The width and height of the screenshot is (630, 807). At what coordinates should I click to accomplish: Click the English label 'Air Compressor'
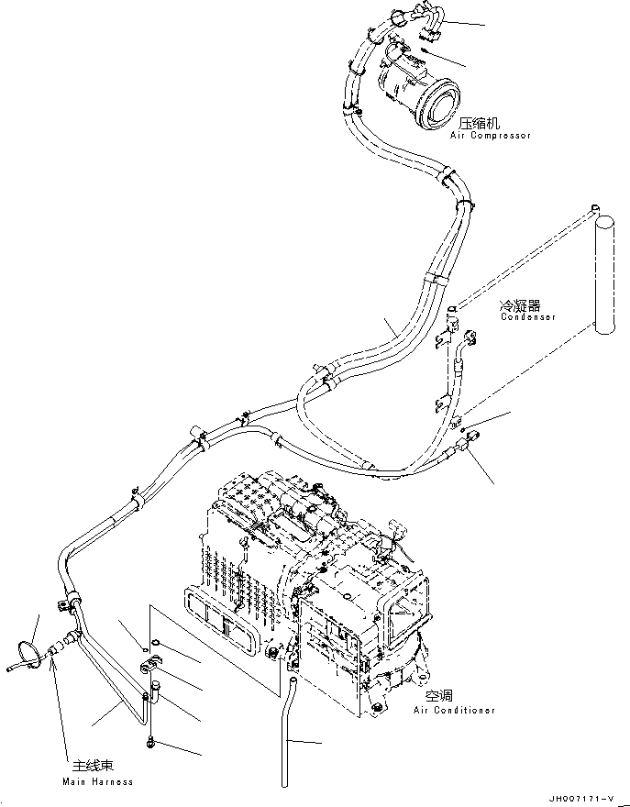coord(490,136)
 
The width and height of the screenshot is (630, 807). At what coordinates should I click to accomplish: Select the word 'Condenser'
coord(528,316)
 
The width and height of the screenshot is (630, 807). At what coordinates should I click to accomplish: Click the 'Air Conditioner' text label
coord(454,710)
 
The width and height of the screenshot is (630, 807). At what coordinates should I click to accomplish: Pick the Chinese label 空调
coord(439,697)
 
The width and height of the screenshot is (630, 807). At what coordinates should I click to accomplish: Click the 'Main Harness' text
coord(97,781)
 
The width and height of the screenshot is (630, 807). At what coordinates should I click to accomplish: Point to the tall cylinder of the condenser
coord(605,275)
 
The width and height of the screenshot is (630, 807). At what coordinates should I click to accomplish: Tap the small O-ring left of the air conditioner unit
coord(156,641)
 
